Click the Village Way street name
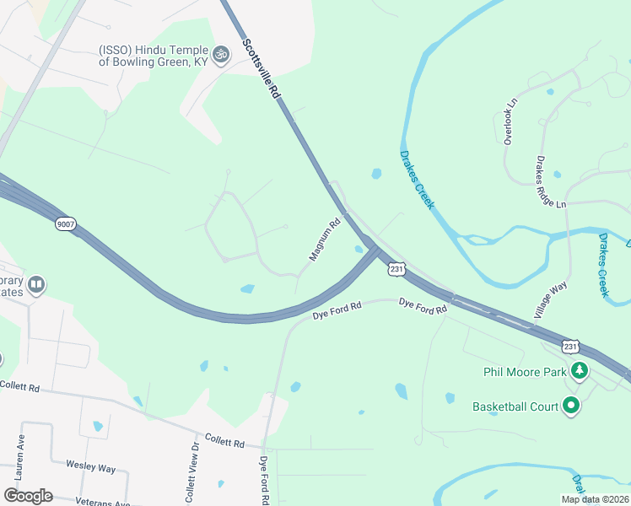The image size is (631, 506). (549, 301)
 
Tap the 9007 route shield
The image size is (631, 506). (65, 223)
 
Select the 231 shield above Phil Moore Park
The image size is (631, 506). (571, 347)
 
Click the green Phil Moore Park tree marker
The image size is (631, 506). (579, 370)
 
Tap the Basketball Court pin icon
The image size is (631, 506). (571, 406)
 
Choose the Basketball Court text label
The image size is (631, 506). (515, 407)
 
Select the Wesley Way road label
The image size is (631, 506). (90, 466)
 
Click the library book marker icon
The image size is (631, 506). (36, 284)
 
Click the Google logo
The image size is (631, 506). (28, 496)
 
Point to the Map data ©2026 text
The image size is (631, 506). (595, 499)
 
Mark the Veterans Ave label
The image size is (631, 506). (101, 502)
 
